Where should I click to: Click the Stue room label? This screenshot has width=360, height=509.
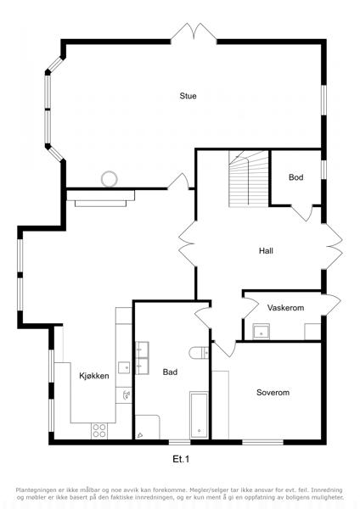click(x=188, y=96)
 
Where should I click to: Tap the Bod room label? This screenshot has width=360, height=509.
click(x=296, y=177)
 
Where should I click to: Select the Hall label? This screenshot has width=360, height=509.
click(x=266, y=250)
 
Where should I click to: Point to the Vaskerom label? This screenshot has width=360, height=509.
click(x=285, y=308)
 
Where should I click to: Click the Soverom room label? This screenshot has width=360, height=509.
click(x=273, y=393)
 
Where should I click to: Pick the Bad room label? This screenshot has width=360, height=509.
click(x=170, y=372)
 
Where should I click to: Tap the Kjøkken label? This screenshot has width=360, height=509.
click(x=94, y=376)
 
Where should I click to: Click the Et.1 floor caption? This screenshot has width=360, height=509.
click(x=181, y=459)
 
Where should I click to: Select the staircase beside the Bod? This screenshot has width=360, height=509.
click(x=249, y=178)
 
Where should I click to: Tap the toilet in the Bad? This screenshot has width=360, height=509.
click(x=199, y=353)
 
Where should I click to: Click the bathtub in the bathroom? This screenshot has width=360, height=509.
click(x=199, y=415)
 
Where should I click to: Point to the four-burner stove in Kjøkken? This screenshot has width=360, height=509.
click(x=99, y=431)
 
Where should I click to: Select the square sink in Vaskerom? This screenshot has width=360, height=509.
click(x=262, y=332)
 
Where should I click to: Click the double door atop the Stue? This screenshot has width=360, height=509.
click(x=194, y=32)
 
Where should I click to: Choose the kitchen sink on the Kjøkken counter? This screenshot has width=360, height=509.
click(x=124, y=368)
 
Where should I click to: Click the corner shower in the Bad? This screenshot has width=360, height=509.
click(x=147, y=427)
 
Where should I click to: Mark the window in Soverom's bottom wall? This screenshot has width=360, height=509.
click(x=263, y=442)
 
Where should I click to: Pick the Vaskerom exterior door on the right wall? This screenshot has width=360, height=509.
click(x=332, y=305)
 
